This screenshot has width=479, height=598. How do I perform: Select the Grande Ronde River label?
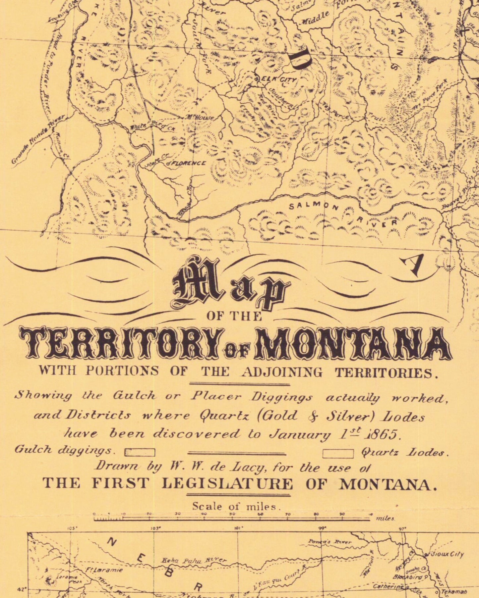coord(38,139)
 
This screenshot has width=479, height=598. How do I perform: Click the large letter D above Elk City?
coord(299,60)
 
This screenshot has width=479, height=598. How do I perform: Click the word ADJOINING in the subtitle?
coord(281,373)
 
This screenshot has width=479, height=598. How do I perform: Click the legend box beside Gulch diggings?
coord(140,452)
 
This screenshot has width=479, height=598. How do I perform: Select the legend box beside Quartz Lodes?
coord(338,453)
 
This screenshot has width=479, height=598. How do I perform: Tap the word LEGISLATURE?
coord(227,484)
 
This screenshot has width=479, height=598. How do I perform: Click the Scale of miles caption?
coord(236,506)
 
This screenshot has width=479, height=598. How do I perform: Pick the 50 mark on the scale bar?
coord(232,514)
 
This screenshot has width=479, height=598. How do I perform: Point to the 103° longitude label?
coord(155,528)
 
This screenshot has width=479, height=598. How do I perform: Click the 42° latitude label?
coord(20,589)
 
